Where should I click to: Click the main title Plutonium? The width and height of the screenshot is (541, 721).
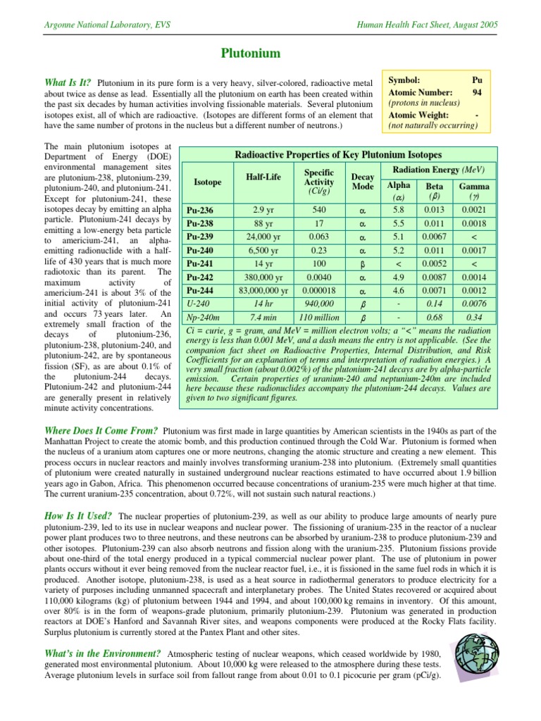pyautogui.click(x=251, y=54)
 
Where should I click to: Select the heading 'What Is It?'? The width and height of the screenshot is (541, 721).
pyautogui.click(x=68, y=82)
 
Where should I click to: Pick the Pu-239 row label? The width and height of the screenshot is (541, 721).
pyautogui.click(x=199, y=236)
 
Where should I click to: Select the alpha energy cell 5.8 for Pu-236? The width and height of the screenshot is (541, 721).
pyautogui.click(x=399, y=210)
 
